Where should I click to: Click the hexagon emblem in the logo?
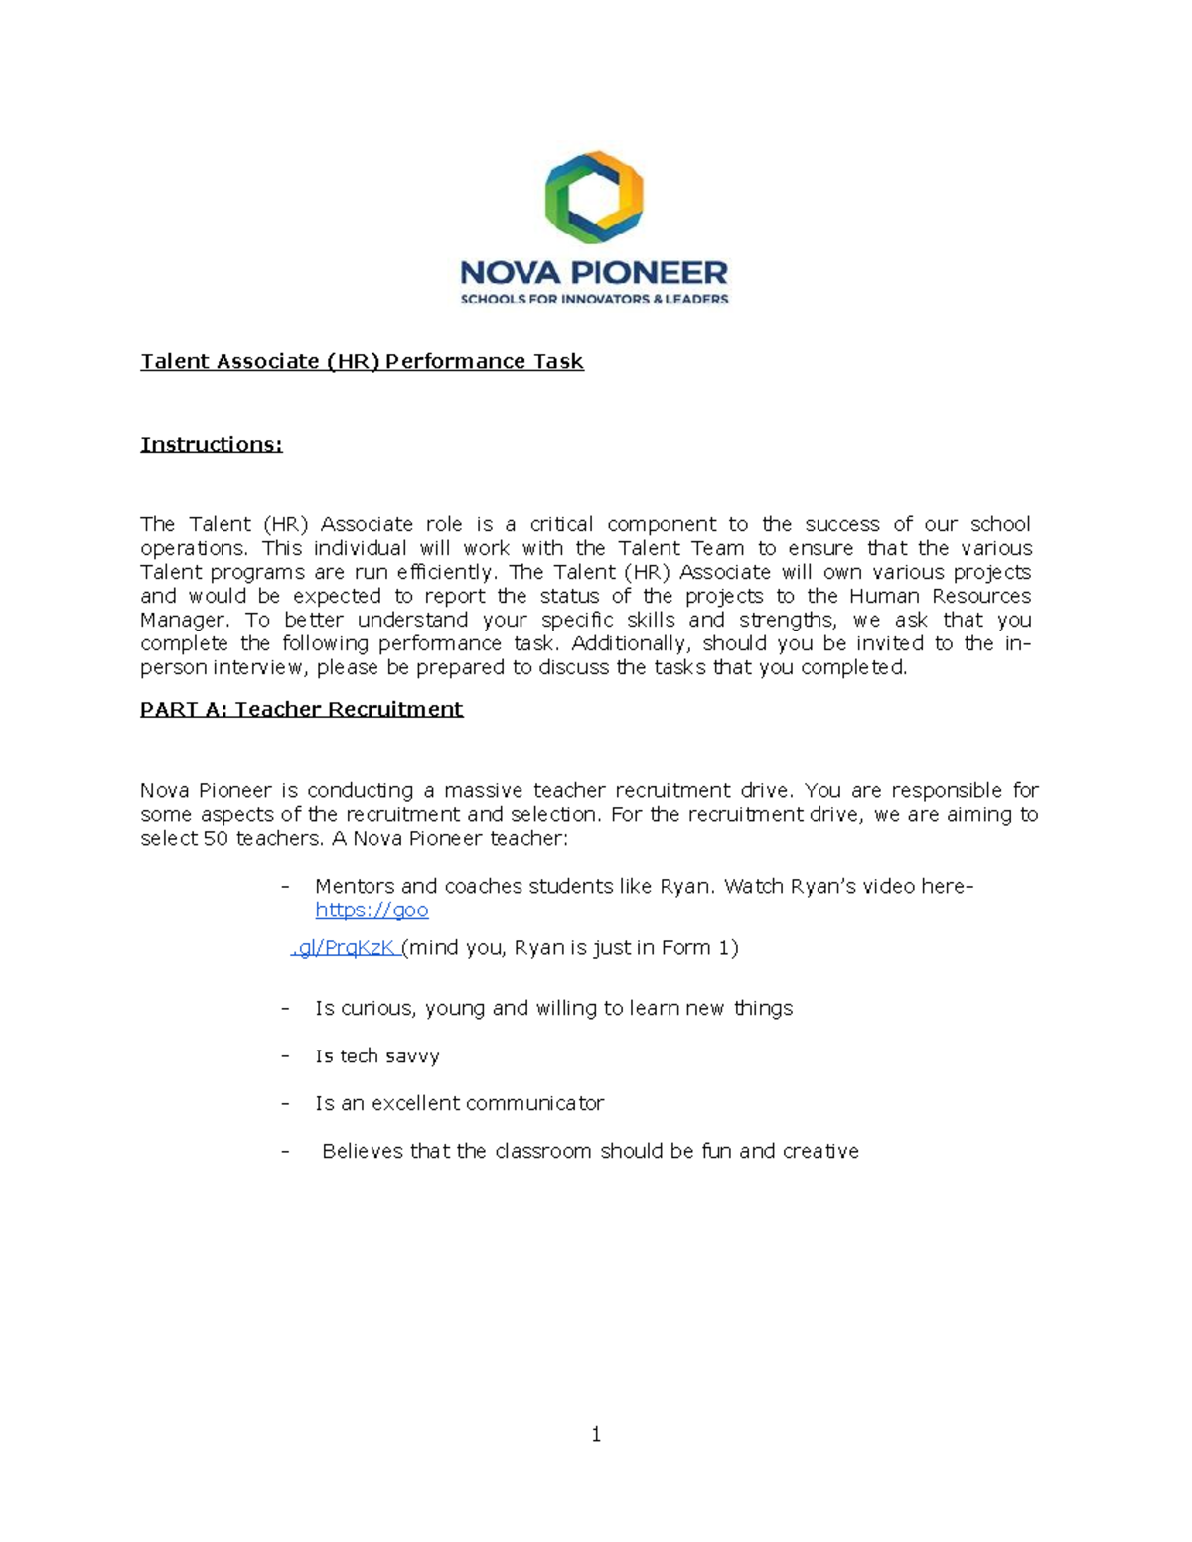[594, 197]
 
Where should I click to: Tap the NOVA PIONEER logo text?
[594, 272]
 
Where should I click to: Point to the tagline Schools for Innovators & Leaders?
[594, 299]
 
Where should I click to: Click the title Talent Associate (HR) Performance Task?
[362, 361]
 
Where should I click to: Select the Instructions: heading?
[211, 444]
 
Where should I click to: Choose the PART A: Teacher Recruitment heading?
[301, 709]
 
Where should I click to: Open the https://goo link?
[372, 910]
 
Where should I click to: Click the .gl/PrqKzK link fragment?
[345, 947]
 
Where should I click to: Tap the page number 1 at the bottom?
[595, 1434]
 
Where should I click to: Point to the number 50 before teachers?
[216, 838]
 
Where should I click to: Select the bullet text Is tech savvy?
[376, 1056]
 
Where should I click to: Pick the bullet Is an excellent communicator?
[459, 1103]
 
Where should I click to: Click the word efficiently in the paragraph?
[445, 572]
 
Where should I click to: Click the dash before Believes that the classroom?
[286, 1151]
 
